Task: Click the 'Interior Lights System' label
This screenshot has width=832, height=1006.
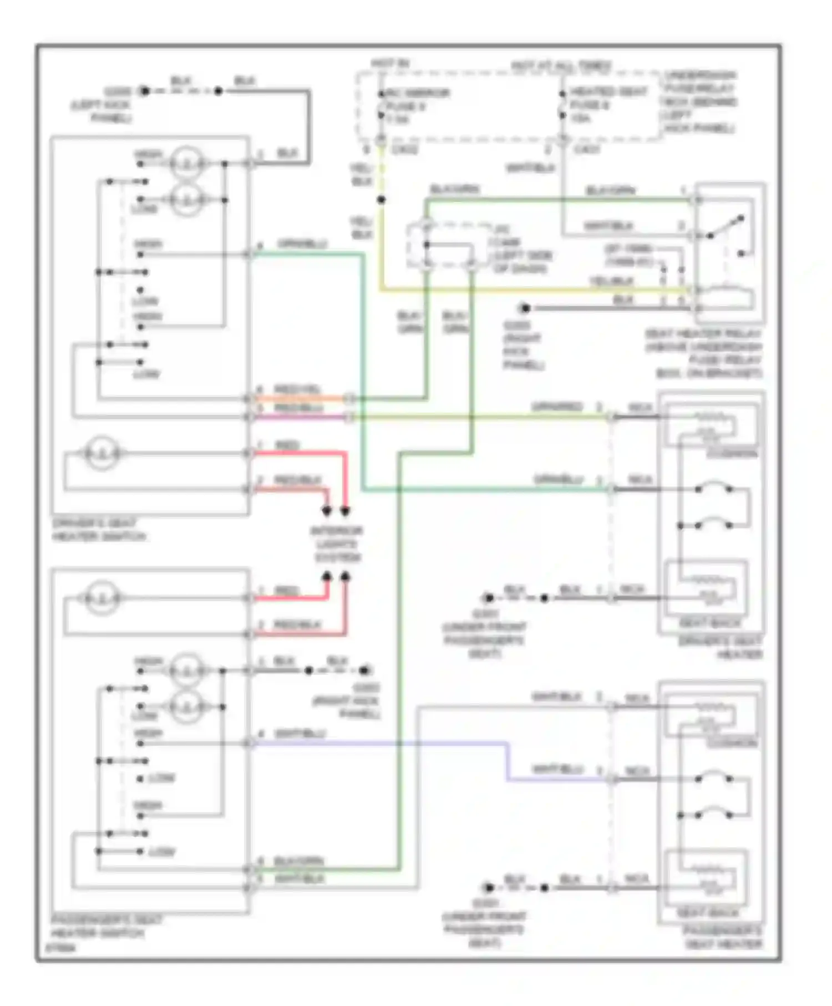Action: [336, 544]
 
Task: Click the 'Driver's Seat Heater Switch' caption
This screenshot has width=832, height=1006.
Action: [98, 530]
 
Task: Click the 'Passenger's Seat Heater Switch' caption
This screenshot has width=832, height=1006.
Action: [105, 927]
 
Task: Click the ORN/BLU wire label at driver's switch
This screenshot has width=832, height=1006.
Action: [302, 244]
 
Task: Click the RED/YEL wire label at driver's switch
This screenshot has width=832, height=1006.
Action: [297, 390]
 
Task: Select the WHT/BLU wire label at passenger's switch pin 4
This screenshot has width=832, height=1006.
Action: [300, 734]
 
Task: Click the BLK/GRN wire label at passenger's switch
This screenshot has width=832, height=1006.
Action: [299, 861]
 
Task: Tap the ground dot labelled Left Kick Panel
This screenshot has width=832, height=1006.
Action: [144, 91]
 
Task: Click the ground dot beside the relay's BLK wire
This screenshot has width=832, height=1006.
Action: [525, 308]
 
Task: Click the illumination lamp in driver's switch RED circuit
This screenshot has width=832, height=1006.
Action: [102, 454]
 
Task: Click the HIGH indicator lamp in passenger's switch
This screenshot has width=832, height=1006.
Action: [186, 670]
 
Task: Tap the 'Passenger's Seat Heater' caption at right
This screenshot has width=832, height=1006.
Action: [723, 937]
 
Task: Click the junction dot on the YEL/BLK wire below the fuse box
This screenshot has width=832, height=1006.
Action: [381, 200]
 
